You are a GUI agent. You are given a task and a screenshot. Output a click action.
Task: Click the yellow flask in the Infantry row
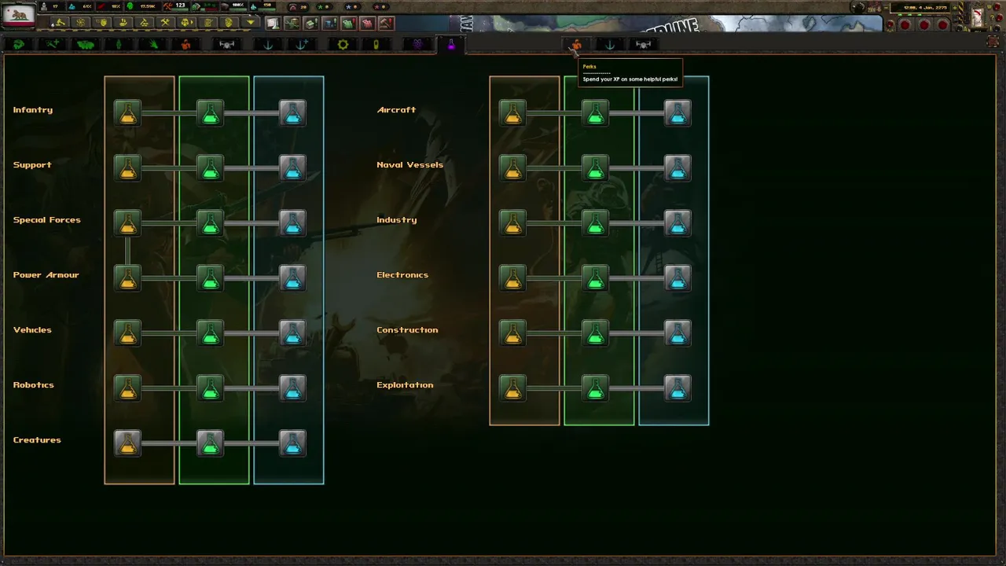pos(127,113)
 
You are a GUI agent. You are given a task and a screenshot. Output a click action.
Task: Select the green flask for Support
pos(210,168)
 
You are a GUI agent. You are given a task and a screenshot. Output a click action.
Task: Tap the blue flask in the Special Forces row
pos(292,223)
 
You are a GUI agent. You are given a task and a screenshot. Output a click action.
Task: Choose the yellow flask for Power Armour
pos(127,278)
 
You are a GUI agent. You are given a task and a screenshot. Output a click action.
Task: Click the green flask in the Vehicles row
pos(210,333)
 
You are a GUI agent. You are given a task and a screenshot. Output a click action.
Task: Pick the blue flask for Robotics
pos(292,388)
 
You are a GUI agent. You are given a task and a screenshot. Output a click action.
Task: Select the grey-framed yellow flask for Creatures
pos(127,443)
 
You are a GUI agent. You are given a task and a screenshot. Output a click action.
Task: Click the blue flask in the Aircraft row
pos(677,113)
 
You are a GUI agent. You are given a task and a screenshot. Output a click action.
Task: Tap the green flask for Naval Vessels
pos(595,168)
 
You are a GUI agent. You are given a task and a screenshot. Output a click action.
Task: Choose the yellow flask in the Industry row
pos(512,223)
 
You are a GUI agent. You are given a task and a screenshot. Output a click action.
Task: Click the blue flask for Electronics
pos(677,278)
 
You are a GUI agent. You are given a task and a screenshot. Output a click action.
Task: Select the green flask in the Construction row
pos(595,333)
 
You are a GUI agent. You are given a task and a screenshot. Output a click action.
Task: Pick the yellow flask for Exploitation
pos(512,388)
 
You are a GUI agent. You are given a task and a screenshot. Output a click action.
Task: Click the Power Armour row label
pos(46,275)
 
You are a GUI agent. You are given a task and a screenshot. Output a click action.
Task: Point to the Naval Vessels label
pos(409,165)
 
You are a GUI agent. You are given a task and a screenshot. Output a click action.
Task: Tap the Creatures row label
pos(37,440)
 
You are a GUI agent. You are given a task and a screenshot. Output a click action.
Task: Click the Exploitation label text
pos(405,385)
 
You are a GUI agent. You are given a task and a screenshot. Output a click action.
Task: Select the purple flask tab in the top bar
pos(451,45)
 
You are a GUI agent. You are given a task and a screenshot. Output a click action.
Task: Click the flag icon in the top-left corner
pos(19,14)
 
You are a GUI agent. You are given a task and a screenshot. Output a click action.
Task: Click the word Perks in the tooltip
pos(589,67)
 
